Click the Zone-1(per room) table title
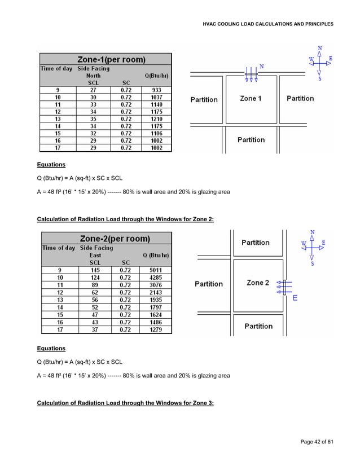[x=111, y=59]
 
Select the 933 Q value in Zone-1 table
[x=156, y=89]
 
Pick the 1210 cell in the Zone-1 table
[x=156, y=119]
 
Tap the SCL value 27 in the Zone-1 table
[x=93, y=89]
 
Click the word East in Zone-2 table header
[x=95, y=255]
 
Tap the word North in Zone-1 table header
[x=94, y=76]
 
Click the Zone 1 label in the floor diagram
[x=251, y=99]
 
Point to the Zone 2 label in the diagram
[x=257, y=283]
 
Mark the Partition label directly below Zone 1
[x=251, y=140]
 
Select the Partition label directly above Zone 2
[x=256, y=243]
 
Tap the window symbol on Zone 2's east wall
[x=284, y=287]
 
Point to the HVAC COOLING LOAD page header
[x=267, y=24]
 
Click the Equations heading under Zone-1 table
[x=51, y=165]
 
